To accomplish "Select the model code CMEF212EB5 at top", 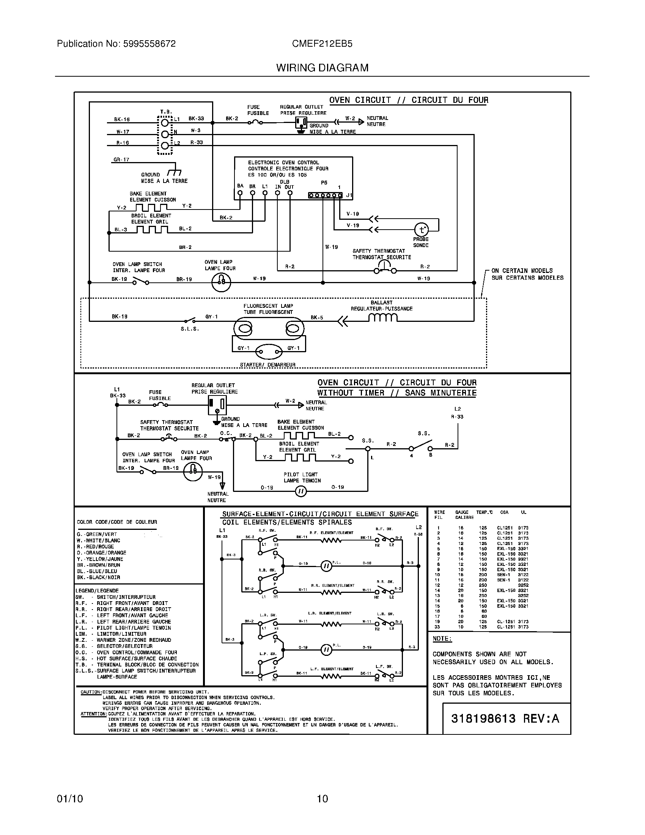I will (x=322, y=44).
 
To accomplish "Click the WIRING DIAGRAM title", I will (x=322, y=68).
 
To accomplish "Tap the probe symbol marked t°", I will (x=422, y=229).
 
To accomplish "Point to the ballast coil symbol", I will (x=383, y=318).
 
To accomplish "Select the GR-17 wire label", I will (x=121, y=159).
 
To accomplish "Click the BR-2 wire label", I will (x=185, y=247).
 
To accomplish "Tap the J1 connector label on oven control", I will (x=349, y=195).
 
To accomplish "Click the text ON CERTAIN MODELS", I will (x=522, y=271).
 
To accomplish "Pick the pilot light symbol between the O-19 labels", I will (x=301, y=491).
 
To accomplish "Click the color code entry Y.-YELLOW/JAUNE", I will (x=100, y=559).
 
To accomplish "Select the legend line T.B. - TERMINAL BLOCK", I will (x=137, y=665).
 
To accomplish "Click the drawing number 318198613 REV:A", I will (x=505, y=718).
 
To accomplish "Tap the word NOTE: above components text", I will (x=442, y=639).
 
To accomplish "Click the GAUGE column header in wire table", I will (x=462, y=512).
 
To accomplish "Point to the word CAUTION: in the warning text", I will (x=91, y=692).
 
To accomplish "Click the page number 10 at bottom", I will (x=322, y=799).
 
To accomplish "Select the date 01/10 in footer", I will (x=69, y=799).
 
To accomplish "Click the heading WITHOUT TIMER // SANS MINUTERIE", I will (x=396, y=393).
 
